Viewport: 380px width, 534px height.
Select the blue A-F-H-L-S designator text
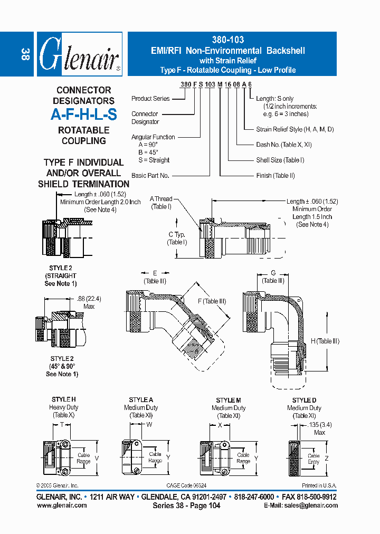tap(84, 115)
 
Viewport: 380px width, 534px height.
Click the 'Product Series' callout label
tap(150, 99)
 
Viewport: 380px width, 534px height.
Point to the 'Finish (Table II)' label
tap(275, 176)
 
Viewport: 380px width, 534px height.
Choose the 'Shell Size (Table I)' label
tap(280, 160)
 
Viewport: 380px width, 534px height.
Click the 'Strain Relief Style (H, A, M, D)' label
tap(294, 129)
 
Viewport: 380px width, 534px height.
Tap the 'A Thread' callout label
tap(161, 199)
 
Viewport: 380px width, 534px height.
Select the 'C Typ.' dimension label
tap(177, 234)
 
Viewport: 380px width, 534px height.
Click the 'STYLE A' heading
tap(141, 400)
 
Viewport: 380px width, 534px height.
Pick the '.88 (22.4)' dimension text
tap(89, 299)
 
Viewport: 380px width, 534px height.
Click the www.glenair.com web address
tap(62, 506)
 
